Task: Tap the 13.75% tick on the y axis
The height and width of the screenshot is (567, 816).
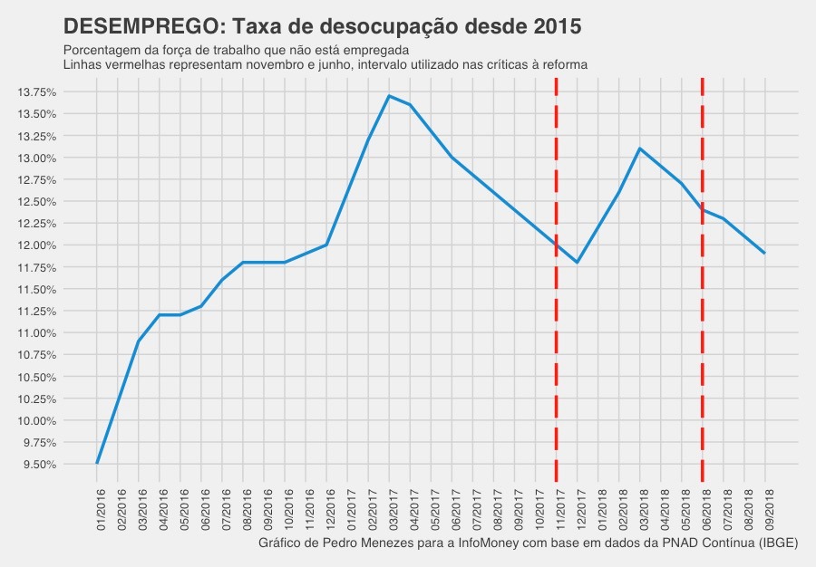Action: click(x=38, y=92)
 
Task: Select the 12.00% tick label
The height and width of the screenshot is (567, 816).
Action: click(x=38, y=245)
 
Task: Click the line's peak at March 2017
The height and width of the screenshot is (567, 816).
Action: click(x=389, y=96)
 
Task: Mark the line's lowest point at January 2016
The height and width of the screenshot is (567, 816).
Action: click(x=97, y=464)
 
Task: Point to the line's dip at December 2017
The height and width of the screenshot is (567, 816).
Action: click(x=577, y=263)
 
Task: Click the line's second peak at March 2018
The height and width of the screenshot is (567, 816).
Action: click(x=639, y=149)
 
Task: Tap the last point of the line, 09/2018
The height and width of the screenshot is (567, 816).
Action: click(x=764, y=254)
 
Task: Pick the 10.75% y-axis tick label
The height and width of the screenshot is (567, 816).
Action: click(x=38, y=355)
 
